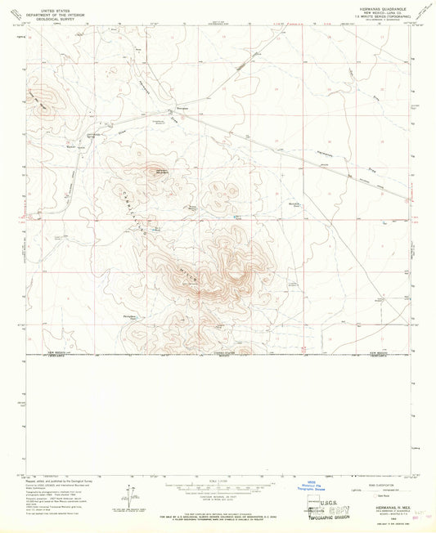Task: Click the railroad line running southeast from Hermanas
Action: tap(286, 150)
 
